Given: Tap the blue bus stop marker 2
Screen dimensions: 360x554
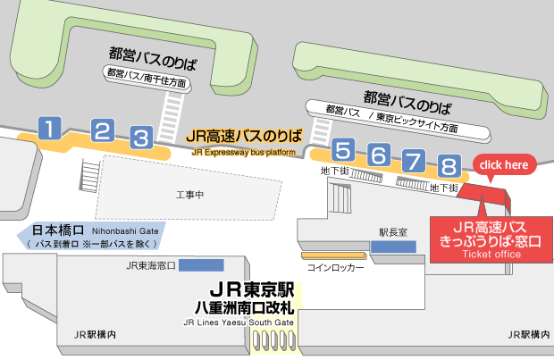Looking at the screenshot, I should click(x=102, y=132).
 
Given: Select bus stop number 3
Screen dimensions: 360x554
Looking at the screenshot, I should click(x=141, y=138).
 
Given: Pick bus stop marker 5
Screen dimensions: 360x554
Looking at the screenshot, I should click(x=343, y=149).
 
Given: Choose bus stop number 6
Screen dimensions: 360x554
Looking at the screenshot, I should click(x=379, y=155).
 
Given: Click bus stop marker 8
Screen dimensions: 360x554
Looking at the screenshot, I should click(x=449, y=166).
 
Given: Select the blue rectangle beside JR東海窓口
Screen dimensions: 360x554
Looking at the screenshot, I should click(x=201, y=265).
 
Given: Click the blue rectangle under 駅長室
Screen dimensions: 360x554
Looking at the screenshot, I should click(x=394, y=246).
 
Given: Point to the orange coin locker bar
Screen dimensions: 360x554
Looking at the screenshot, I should click(x=333, y=255).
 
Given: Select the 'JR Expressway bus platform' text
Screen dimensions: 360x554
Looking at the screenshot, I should click(x=244, y=153).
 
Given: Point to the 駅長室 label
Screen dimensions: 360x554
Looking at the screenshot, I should click(x=393, y=231).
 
